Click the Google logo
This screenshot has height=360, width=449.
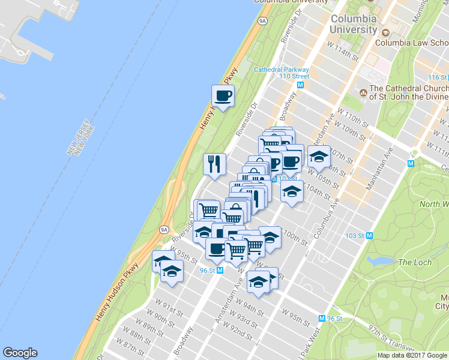(20, 353)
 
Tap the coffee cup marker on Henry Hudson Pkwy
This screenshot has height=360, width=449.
(223, 96)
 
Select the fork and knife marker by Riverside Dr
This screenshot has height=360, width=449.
(214, 163)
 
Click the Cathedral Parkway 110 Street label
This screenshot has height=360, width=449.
(282, 73)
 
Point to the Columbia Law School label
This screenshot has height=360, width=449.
(412, 42)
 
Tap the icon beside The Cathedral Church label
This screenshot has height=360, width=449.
(363, 92)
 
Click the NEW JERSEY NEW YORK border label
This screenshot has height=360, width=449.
(82, 137)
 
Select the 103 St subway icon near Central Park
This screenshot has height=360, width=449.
(370, 235)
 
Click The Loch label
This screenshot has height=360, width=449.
(414, 262)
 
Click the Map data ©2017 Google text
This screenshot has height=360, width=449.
(412, 355)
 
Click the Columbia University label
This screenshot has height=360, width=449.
(354, 23)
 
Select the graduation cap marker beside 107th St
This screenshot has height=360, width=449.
(319, 157)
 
